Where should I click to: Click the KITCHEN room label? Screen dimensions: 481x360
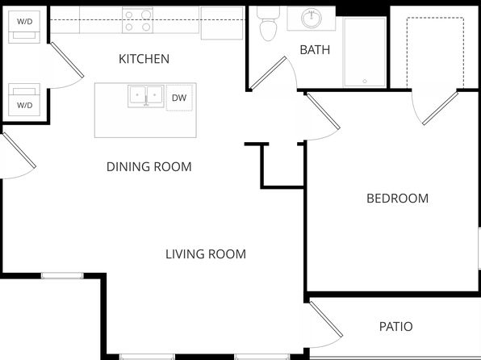[144, 59]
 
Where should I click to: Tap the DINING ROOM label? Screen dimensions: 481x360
[149, 167]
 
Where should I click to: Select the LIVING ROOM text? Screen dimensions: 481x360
[206, 254]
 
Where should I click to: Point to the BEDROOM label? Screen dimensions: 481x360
[398, 199]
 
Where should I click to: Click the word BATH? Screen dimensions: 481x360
[315, 50]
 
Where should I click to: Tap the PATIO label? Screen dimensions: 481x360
[396, 327]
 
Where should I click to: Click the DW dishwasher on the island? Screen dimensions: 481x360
[179, 98]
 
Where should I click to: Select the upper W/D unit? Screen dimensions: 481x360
[24, 27]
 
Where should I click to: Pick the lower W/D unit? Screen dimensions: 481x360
[24, 100]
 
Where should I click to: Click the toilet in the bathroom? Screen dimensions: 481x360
[269, 24]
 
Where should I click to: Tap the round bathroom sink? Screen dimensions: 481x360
[312, 19]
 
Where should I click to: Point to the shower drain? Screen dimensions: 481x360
[365, 82]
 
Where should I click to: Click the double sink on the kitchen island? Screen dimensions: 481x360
[145, 96]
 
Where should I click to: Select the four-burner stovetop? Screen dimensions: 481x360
[138, 20]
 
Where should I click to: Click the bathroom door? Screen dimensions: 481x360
[268, 73]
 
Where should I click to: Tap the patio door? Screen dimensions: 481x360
[326, 319]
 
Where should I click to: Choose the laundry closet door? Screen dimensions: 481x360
[67, 60]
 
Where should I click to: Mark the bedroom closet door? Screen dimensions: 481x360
[441, 108]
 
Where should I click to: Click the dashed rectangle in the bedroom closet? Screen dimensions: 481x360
[435, 52]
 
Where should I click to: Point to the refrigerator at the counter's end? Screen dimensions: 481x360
[222, 23]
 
